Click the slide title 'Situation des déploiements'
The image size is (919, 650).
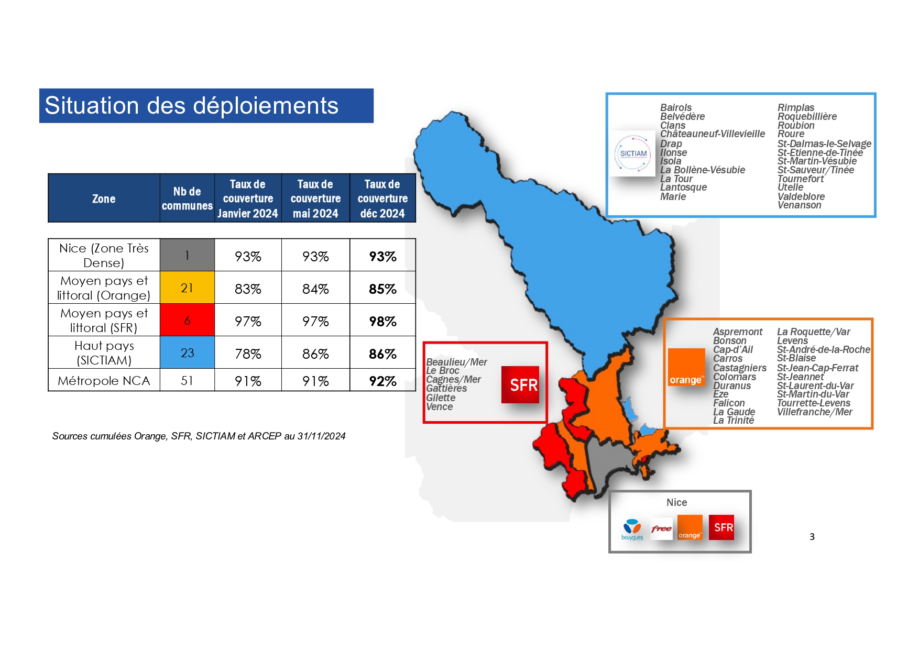[x=192, y=106]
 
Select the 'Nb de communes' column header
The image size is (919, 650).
[x=187, y=199]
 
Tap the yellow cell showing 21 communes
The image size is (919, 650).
[x=187, y=288]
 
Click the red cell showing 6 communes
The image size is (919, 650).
[x=187, y=320]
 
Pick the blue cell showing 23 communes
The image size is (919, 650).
[x=187, y=352]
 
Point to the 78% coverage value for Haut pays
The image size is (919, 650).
[x=248, y=354]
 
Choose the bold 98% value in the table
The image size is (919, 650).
[x=382, y=321]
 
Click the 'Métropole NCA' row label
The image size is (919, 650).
[x=104, y=381]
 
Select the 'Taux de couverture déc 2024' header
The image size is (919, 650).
[x=382, y=199]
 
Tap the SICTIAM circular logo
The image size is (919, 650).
[x=633, y=153]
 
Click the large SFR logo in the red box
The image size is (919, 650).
[x=520, y=385]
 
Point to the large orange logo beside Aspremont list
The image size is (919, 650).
[x=686, y=368]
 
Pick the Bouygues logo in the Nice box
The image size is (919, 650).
[x=632, y=529]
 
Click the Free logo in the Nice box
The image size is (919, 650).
[x=662, y=528]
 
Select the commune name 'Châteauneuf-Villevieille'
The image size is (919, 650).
[x=713, y=134]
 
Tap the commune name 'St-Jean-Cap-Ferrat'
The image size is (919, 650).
[x=817, y=368]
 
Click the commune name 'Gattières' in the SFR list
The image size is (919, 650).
[x=446, y=388]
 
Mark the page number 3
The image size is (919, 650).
[x=812, y=536]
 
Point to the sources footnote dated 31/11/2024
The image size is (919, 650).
[x=199, y=436]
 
